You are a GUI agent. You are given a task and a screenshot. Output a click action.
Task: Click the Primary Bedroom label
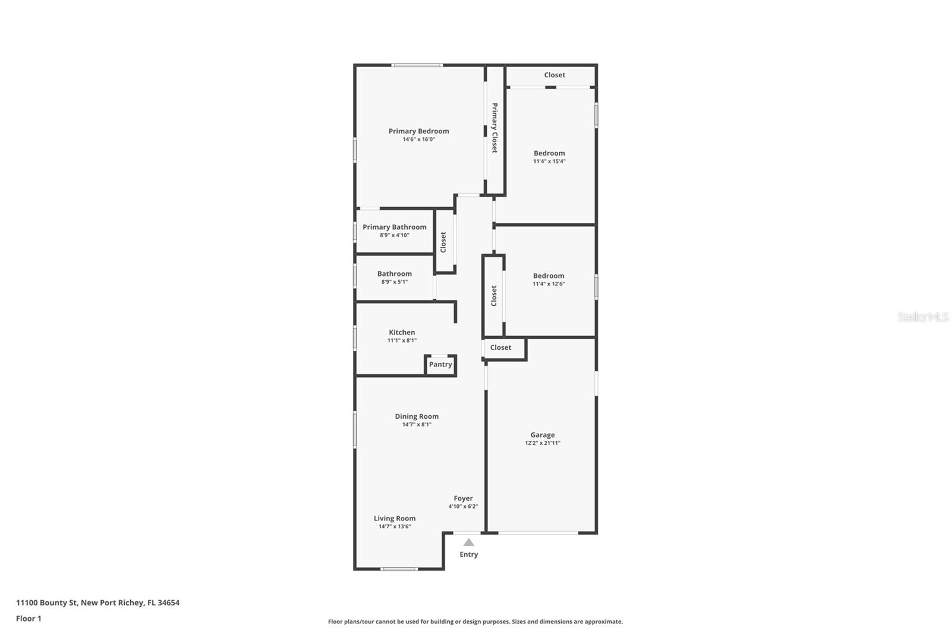[x=418, y=131]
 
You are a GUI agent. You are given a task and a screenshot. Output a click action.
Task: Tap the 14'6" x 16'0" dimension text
[x=418, y=139]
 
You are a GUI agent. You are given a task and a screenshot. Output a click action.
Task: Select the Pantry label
[x=440, y=365]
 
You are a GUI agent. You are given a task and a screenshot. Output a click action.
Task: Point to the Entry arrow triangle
[x=469, y=542]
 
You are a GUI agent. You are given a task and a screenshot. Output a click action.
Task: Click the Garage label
[x=542, y=435]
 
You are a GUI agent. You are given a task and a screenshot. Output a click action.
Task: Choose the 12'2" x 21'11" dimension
[x=542, y=443]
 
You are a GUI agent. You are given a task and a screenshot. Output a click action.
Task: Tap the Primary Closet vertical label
[x=494, y=128]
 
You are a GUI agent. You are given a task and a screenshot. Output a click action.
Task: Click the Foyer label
[x=463, y=498]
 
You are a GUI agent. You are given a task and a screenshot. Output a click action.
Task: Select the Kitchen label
[x=402, y=332]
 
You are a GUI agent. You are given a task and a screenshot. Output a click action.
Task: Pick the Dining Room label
[x=417, y=416]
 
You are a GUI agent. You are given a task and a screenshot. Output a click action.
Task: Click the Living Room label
[x=395, y=518]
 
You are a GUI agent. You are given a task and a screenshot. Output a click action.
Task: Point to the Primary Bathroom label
[x=394, y=227]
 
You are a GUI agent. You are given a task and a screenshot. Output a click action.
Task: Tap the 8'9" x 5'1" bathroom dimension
[x=394, y=282]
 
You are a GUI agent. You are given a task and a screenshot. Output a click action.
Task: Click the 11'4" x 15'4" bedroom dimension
[x=549, y=161]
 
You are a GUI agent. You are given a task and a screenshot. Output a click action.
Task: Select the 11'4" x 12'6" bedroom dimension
[x=549, y=284]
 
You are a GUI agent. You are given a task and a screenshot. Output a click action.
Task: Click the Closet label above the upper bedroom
[x=555, y=75]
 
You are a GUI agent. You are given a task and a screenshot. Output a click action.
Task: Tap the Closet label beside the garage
[x=500, y=347]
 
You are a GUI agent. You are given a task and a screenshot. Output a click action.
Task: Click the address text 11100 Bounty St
[x=47, y=602]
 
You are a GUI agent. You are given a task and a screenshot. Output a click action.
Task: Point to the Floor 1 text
[x=29, y=619]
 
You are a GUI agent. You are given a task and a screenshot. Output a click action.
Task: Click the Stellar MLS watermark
[x=922, y=317]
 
